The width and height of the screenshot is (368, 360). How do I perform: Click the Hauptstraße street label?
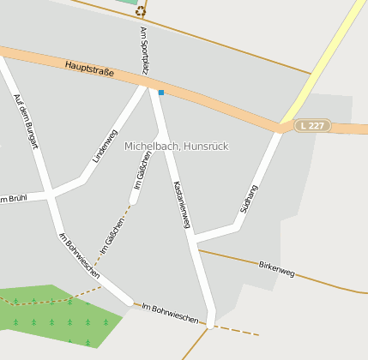pyautogui.click(x=89, y=68)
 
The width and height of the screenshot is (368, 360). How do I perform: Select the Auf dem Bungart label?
pyautogui.click(x=27, y=121)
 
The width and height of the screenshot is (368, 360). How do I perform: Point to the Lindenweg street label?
pyautogui.click(x=105, y=146)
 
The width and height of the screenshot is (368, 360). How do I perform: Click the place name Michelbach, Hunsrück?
pyautogui.click(x=177, y=147)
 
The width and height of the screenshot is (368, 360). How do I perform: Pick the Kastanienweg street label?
pyautogui.click(x=181, y=204)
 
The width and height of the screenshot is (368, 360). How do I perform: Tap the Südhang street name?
pyautogui.click(x=250, y=199)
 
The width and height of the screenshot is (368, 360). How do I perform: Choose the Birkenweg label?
pyautogui.click(x=276, y=268)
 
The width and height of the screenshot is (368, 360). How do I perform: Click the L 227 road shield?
pyautogui.click(x=313, y=125)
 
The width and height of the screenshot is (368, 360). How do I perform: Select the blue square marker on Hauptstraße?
pyautogui.click(x=160, y=92)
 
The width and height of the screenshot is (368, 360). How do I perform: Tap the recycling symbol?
pyautogui.click(x=141, y=11)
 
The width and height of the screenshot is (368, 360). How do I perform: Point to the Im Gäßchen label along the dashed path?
pyautogui.click(x=112, y=235)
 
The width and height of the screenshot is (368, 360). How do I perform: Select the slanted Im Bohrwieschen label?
pyautogui.click(x=78, y=255)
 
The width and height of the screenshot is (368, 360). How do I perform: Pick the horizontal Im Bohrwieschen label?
pyautogui.click(x=170, y=312)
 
